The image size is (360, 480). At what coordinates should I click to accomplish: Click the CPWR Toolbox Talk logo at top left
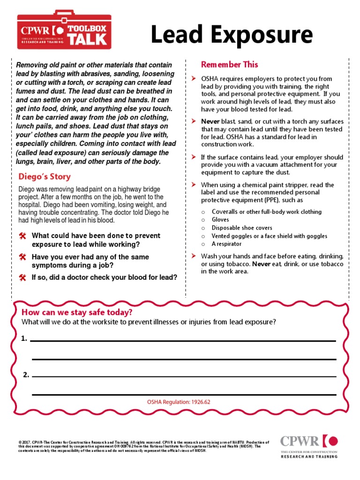pos(64,30)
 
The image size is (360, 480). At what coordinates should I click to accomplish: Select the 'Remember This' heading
pos(229,65)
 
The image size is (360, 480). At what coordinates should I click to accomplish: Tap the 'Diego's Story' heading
pos(45,177)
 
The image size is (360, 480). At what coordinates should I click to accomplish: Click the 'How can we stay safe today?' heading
pos(77,312)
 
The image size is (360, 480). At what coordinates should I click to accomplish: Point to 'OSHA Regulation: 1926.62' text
pos(179,402)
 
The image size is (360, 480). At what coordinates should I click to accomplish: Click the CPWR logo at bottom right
pos(308,446)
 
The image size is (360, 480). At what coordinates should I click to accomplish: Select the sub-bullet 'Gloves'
pos(220,219)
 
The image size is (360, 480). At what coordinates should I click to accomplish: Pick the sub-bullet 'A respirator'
pos(227,244)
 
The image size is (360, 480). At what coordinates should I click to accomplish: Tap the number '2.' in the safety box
pos(26,375)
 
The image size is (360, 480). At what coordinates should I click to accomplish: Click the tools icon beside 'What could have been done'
pos(22,236)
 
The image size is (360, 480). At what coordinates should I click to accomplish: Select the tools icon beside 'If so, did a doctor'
pos(22,277)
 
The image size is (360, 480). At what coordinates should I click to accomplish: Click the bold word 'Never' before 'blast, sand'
pos(210,121)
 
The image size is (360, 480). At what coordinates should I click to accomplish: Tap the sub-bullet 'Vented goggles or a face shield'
pos(270,236)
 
